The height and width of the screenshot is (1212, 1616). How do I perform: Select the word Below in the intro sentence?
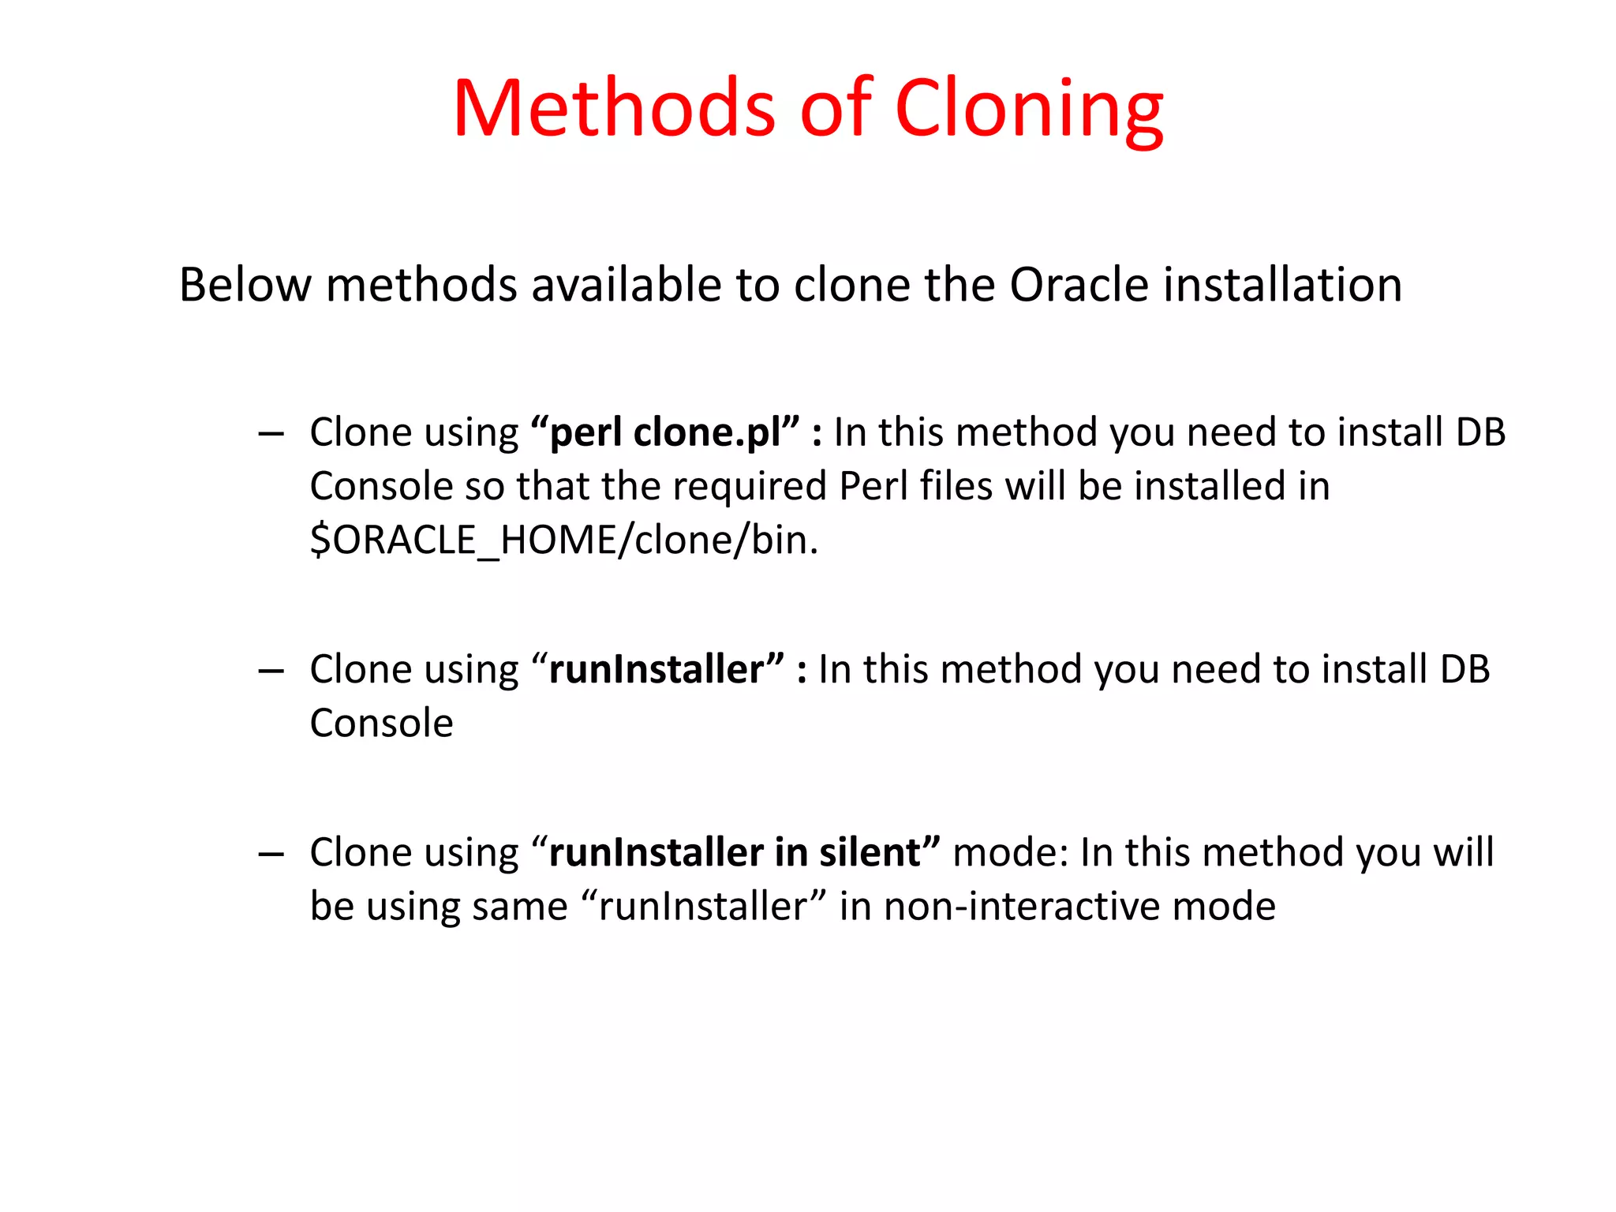[x=245, y=285]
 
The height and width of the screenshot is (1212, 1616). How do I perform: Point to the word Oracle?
[x=1079, y=285]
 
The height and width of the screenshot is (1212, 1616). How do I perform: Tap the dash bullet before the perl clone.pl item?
[x=271, y=434]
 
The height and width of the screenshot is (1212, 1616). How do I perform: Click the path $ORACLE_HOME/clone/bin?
[x=563, y=541]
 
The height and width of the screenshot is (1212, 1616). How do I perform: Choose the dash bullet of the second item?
[x=271, y=671]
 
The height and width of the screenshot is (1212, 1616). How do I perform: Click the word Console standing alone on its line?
[x=381, y=724]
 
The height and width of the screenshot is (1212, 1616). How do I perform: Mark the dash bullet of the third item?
[x=271, y=854]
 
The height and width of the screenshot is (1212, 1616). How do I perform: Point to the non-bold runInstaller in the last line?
[x=702, y=907]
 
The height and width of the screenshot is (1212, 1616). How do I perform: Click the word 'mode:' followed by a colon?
[x=1010, y=853]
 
